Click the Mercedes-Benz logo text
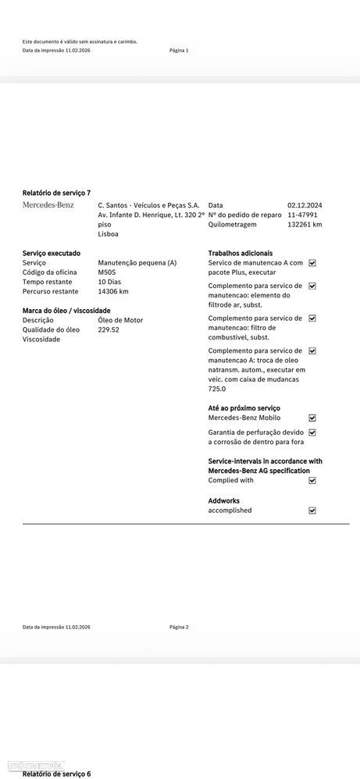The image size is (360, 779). pos(48,205)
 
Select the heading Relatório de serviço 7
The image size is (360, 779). pos(56,192)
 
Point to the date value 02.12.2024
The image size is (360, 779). pos(305,205)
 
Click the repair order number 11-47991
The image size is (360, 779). pos(304,215)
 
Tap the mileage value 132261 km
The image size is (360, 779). pos(305,224)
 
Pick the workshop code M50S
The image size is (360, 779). pos(108,272)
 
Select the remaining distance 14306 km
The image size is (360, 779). pos(113,291)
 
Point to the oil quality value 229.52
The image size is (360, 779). pos(109,329)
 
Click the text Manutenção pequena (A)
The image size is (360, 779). pos(137,263)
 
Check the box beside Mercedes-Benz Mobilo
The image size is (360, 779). pos(312,418)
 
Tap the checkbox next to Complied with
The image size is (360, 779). pos(312,480)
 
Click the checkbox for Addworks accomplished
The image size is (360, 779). pos(312,510)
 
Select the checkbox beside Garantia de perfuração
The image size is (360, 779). pos(312,432)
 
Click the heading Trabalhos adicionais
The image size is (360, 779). pos(241,253)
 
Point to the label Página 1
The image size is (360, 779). pos(179,50)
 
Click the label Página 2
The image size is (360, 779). pos(179,627)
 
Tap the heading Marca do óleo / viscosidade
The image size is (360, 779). pos(66,311)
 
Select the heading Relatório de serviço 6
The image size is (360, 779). pos(56,774)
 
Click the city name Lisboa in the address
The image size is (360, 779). pos(108,233)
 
